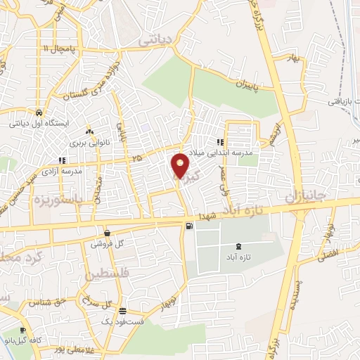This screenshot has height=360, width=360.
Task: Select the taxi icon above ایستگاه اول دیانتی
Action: click(37, 112)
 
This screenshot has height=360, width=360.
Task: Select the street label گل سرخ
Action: click(98, 303)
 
